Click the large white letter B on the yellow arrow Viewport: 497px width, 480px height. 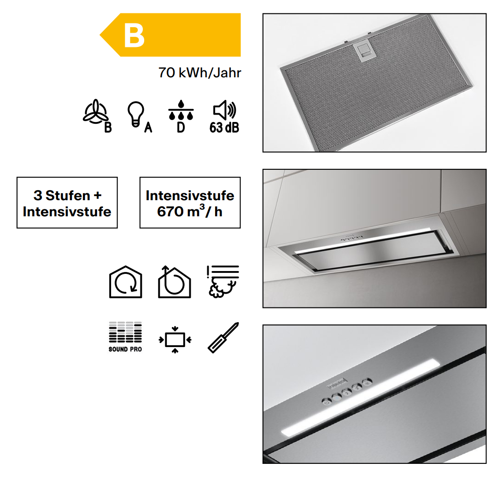[x=134, y=36]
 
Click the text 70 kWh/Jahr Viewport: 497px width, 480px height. [x=200, y=73]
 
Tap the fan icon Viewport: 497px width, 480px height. [x=95, y=111]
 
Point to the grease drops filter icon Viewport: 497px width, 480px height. [x=181, y=110]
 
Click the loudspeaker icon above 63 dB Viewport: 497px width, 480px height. [x=224, y=110]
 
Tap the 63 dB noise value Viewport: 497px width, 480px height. [x=224, y=127]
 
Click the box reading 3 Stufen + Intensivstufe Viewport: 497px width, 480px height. [x=67, y=202]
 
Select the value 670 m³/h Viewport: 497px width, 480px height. [x=190, y=212]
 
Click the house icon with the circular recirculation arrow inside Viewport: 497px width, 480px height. [x=126, y=282]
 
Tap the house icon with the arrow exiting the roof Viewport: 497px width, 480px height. [x=174, y=282]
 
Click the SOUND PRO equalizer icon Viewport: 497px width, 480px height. [x=125, y=337]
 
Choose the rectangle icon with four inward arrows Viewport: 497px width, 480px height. [x=175, y=340]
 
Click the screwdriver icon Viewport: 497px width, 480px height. [x=223, y=337]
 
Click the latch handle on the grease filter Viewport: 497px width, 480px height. [x=363, y=51]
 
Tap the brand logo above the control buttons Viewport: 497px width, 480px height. [x=337, y=383]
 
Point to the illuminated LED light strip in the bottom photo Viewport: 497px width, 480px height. [x=360, y=397]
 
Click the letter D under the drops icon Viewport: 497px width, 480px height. [x=181, y=127]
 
